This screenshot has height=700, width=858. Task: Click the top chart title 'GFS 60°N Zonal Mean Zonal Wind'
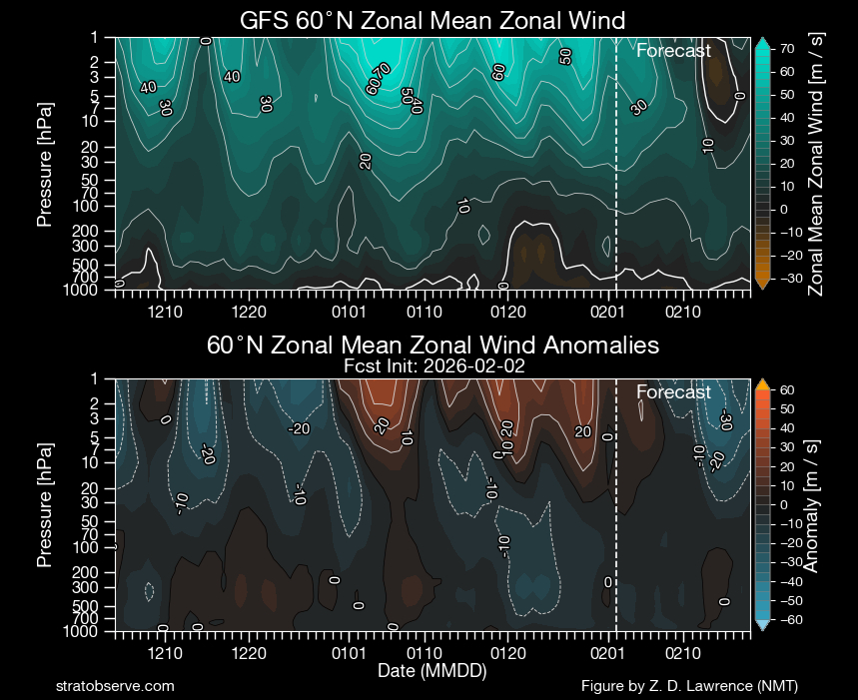(x=432, y=20)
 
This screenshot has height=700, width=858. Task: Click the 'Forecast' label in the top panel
(x=673, y=51)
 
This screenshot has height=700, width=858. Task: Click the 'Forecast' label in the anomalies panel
(x=673, y=392)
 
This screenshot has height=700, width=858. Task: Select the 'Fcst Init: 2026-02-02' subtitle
(x=432, y=366)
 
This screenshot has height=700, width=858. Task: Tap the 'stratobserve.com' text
(x=116, y=686)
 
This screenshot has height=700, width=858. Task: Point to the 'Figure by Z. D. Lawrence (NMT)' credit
(x=689, y=686)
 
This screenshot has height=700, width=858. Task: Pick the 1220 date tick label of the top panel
(x=248, y=312)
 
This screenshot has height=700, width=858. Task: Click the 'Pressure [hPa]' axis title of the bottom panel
(x=45, y=505)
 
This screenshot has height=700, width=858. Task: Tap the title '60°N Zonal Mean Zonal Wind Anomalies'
(x=432, y=346)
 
